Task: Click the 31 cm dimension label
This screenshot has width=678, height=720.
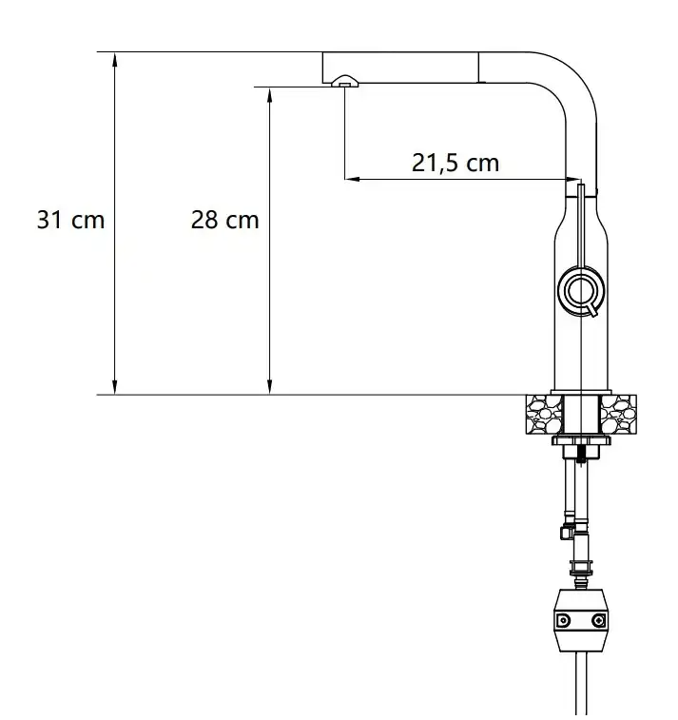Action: click(x=70, y=220)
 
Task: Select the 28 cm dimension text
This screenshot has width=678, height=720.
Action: click(x=224, y=220)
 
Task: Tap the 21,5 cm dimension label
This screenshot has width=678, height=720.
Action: click(x=455, y=163)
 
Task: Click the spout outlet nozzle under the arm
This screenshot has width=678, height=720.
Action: click(x=343, y=83)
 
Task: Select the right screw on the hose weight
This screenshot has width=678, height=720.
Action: click(x=598, y=621)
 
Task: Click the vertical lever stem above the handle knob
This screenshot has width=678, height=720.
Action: click(x=579, y=228)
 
